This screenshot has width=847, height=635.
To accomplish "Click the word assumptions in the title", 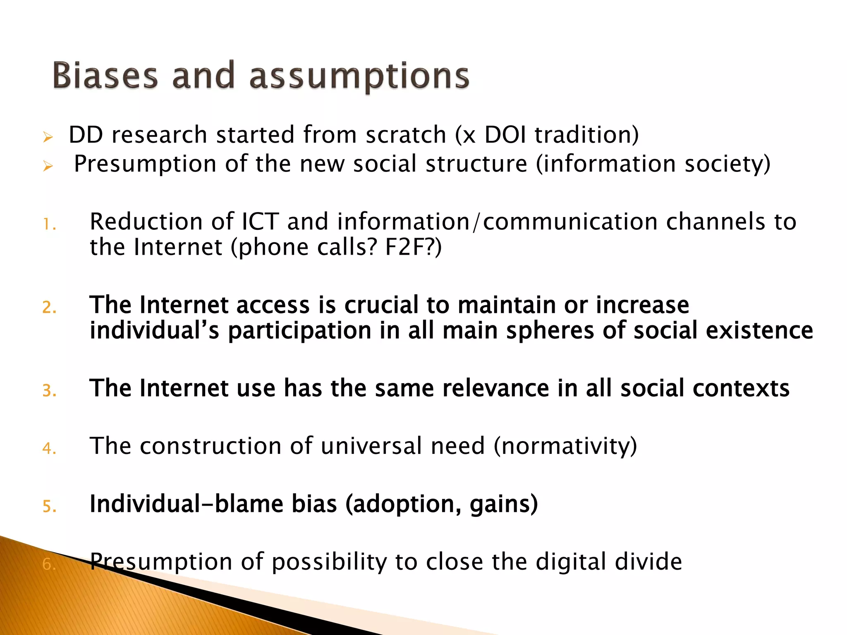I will coord(359,76).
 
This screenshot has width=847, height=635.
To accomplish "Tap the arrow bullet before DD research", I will coord(48,137).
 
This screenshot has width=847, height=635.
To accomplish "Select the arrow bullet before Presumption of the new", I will coord(48,166).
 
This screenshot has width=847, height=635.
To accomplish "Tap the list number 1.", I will coord(49,224).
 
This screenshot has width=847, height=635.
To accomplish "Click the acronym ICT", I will coord(260,222).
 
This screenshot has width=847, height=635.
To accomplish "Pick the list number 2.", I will coord(49,308).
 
